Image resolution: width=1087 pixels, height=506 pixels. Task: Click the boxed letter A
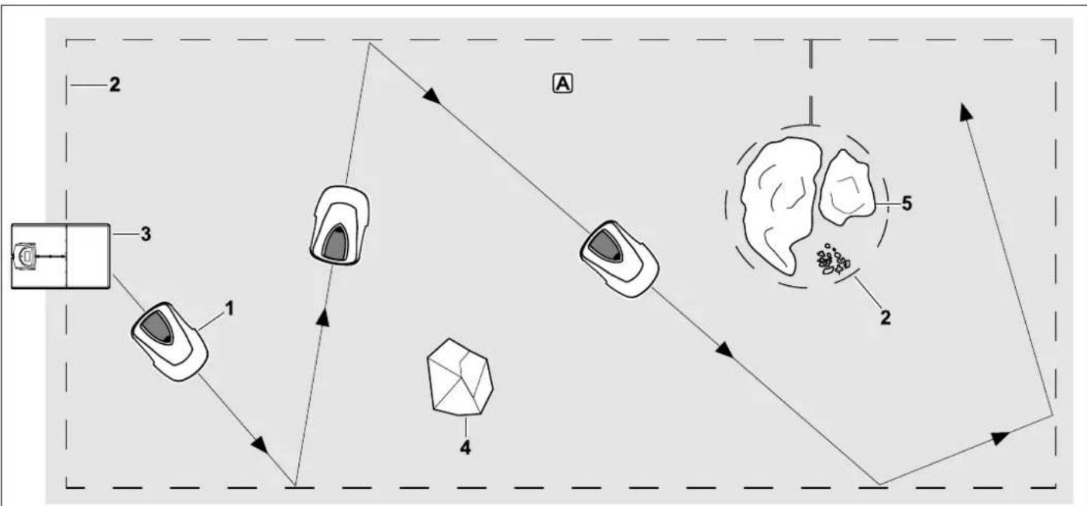pyautogui.click(x=563, y=84)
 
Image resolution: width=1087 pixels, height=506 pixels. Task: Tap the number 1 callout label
pyautogui.click(x=229, y=308)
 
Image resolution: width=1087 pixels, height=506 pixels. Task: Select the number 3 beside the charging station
pyautogui.click(x=146, y=234)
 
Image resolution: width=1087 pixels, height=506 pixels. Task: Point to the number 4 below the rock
pyautogui.click(x=465, y=447)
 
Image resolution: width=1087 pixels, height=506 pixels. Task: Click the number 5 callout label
pyautogui.click(x=906, y=203)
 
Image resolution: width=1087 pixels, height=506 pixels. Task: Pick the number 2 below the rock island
pyautogui.click(x=886, y=318)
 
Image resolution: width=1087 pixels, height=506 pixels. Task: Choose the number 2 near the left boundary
pyautogui.click(x=115, y=85)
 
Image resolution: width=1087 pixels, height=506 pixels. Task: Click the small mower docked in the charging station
pyautogui.click(x=24, y=256)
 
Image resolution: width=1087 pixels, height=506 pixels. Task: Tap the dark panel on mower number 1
pyautogui.click(x=157, y=327)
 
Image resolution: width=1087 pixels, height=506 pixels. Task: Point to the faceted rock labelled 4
pyautogui.click(x=459, y=377)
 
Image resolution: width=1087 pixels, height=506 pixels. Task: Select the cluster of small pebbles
pyautogui.click(x=832, y=260)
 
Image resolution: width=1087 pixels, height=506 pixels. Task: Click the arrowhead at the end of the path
pyautogui.click(x=965, y=112)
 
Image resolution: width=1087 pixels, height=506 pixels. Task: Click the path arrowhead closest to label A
pyautogui.click(x=431, y=95)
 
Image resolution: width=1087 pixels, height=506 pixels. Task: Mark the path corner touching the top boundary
pyautogui.click(x=370, y=43)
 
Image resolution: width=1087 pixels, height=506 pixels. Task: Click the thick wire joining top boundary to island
pyautogui.click(x=810, y=81)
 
